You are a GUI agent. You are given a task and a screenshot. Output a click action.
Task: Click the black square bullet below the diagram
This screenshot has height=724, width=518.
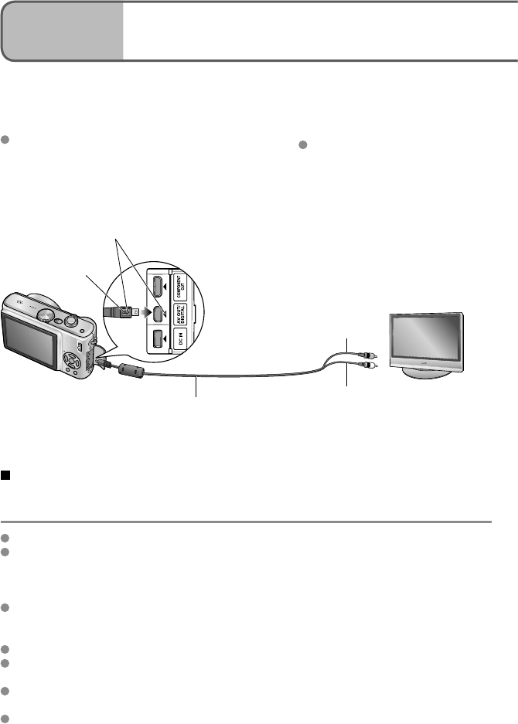[x=5, y=476]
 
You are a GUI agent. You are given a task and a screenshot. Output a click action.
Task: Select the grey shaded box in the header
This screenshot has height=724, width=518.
[x=62, y=32]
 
